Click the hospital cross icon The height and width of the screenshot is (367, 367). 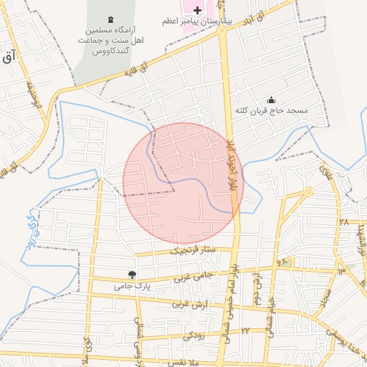(x=199, y=9)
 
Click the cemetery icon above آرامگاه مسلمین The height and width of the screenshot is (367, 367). (x=110, y=19)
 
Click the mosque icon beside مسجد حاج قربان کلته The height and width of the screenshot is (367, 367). (x=271, y=100)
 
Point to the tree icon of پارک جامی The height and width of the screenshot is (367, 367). (x=131, y=274)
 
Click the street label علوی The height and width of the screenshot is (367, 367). (x=324, y=172)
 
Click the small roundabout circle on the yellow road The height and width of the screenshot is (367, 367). (x=308, y=191)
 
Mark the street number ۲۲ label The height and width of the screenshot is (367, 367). (x=244, y=330)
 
